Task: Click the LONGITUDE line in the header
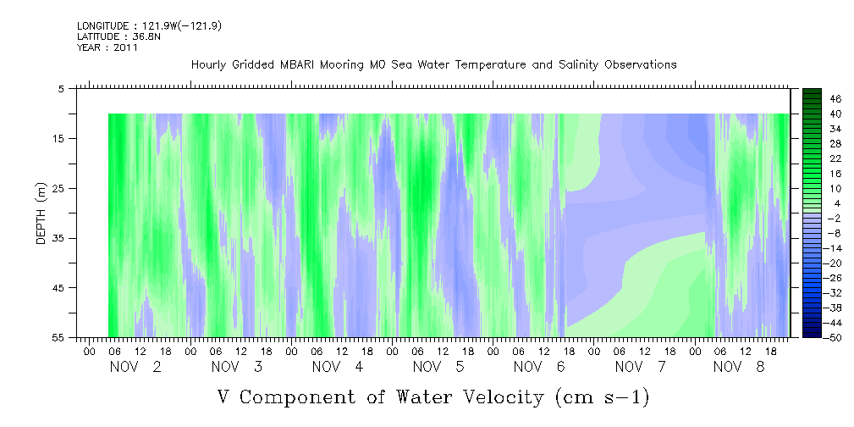[149, 25]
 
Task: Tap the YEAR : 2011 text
[107, 47]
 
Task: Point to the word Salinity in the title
[578, 65]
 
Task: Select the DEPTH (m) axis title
[41, 213]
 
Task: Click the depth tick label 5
[62, 88]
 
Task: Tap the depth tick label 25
[58, 189]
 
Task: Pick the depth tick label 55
[58, 337]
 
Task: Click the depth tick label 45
[58, 288]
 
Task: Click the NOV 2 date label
[135, 367]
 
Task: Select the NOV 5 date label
[438, 367]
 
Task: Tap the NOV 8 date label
[739, 367]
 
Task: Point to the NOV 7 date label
[641, 367]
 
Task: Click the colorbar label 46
[836, 99]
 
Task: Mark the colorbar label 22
[836, 158]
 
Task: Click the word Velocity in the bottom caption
[497, 397]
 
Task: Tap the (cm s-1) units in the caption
[603, 397]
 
